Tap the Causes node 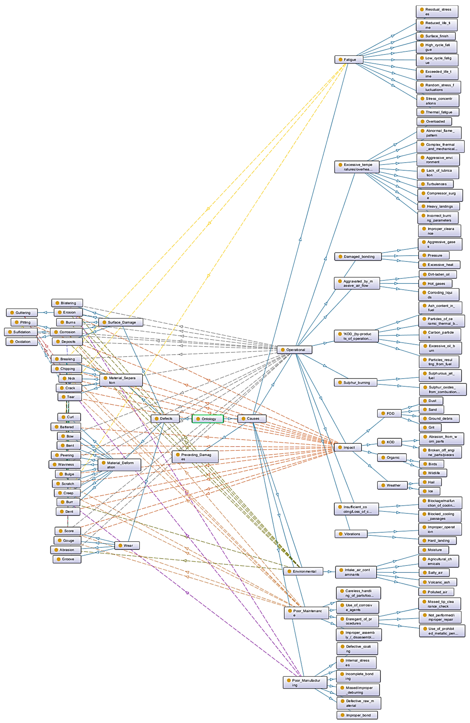[252, 419]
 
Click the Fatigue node [349, 59]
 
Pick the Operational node [294, 350]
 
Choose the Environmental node [303, 571]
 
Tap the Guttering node [22, 313]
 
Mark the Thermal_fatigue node [438, 112]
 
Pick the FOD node [389, 413]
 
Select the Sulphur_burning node [356, 382]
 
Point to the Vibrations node [351, 534]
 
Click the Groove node [67, 559]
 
